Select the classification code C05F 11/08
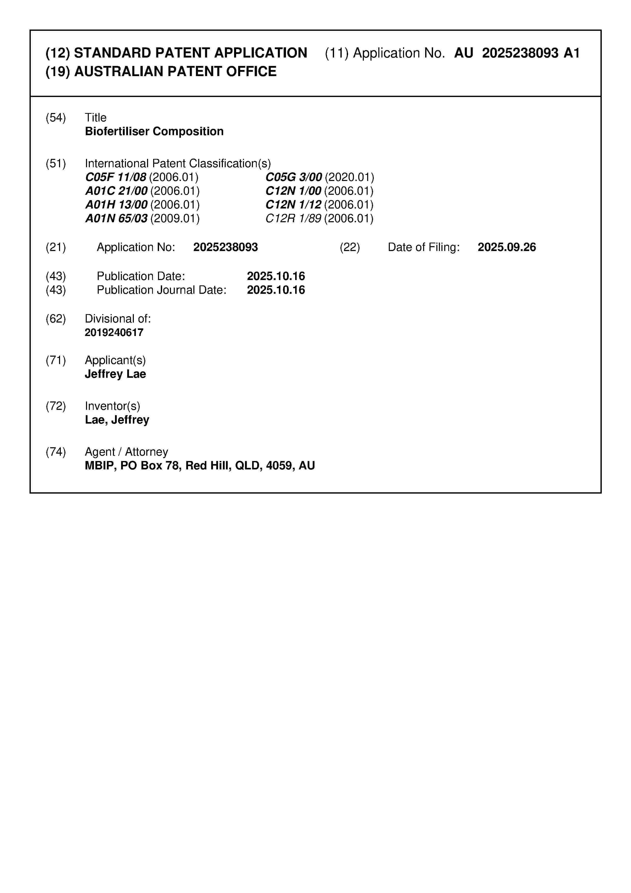[x=116, y=177]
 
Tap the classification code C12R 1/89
[x=293, y=219]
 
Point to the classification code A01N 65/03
[x=116, y=219]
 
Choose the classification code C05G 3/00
[x=294, y=177]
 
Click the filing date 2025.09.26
[x=507, y=247]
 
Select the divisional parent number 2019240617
[x=114, y=332]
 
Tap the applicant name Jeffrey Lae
[x=116, y=374]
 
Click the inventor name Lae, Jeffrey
[x=117, y=420]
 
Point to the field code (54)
[x=56, y=117]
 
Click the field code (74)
[x=56, y=452]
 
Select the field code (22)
[x=350, y=247]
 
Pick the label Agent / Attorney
[x=126, y=452]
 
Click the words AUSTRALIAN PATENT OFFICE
[x=175, y=72]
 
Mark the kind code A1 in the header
[x=571, y=53]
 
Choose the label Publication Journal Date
[x=161, y=290]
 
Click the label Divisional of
[x=117, y=319]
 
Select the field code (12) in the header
[x=58, y=53]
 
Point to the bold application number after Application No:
[x=225, y=247]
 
